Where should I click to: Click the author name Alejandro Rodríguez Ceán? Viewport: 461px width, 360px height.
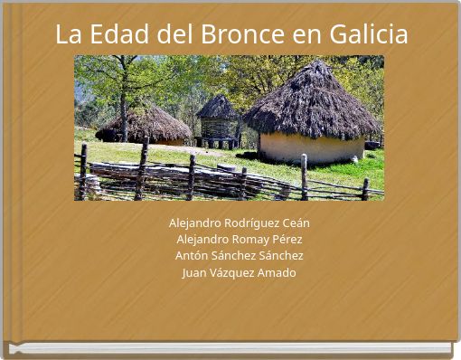[x=240, y=223]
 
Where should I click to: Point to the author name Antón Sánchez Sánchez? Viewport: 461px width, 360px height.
[x=240, y=256]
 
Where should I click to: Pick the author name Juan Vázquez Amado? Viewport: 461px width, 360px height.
[x=240, y=272]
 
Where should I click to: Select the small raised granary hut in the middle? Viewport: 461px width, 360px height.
[x=218, y=122]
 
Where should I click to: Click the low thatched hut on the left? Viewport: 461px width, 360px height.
[x=145, y=125]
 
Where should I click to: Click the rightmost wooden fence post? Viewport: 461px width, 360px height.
[x=365, y=188]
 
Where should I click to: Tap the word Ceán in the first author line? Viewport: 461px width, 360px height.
[x=295, y=223]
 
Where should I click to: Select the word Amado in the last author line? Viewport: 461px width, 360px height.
[x=278, y=272]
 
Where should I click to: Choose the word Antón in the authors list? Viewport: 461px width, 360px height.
[x=192, y=256]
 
